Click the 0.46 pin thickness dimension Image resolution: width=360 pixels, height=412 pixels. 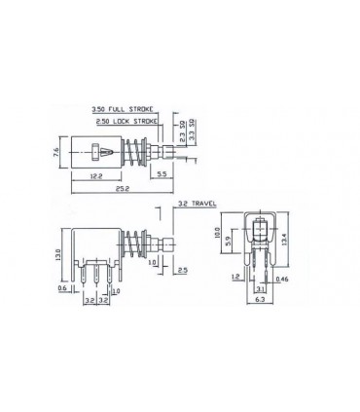(282, 281)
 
